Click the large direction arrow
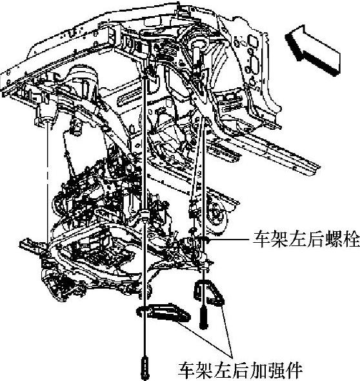[313, 50]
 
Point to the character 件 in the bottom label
[294, 370]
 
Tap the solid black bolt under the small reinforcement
[203, 316]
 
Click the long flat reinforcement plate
[165, 313]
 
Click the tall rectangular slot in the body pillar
[254, 64]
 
